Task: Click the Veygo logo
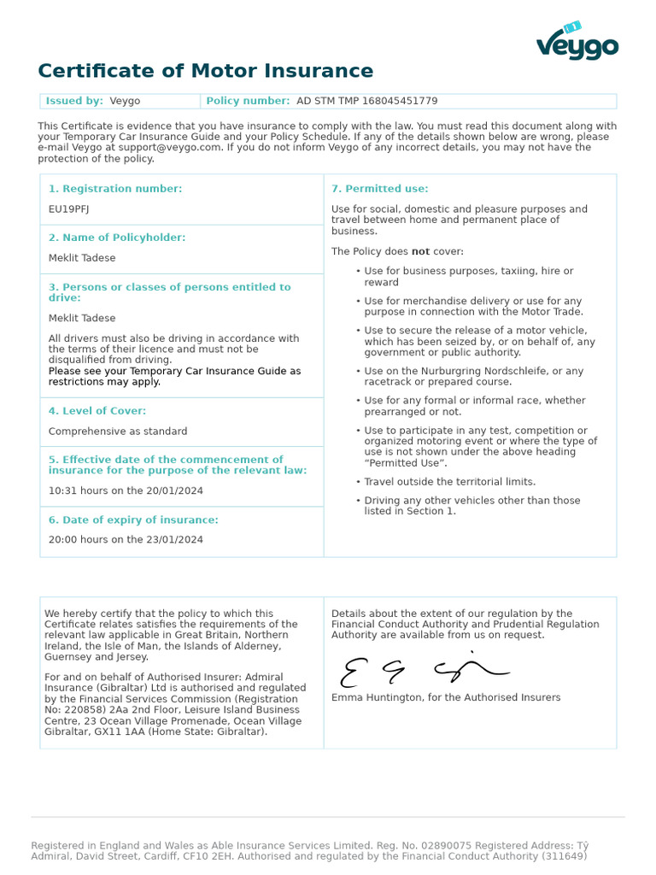[x=577, y=42]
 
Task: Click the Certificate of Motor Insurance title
[x=205, y=71]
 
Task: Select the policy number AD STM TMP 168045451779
[x=366, y=101]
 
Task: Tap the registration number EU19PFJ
[x=68, y=208]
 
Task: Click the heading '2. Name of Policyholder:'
[x=116, y=238]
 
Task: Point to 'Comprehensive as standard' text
[x=117, y=432]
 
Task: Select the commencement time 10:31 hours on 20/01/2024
[x=126, y=491]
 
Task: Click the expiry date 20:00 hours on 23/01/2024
[x=126, y=540]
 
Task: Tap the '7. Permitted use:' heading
[x=379, y=189]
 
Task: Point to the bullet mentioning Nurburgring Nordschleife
[x=473, y=377]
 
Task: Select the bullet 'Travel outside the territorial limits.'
[x=449, y=482]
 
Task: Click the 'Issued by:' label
[x=74, y=101]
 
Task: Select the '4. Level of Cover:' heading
[x=97, y=411]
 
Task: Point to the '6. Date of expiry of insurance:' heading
[x=132, y=520]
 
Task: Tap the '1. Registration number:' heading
[x=114, y=189]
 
